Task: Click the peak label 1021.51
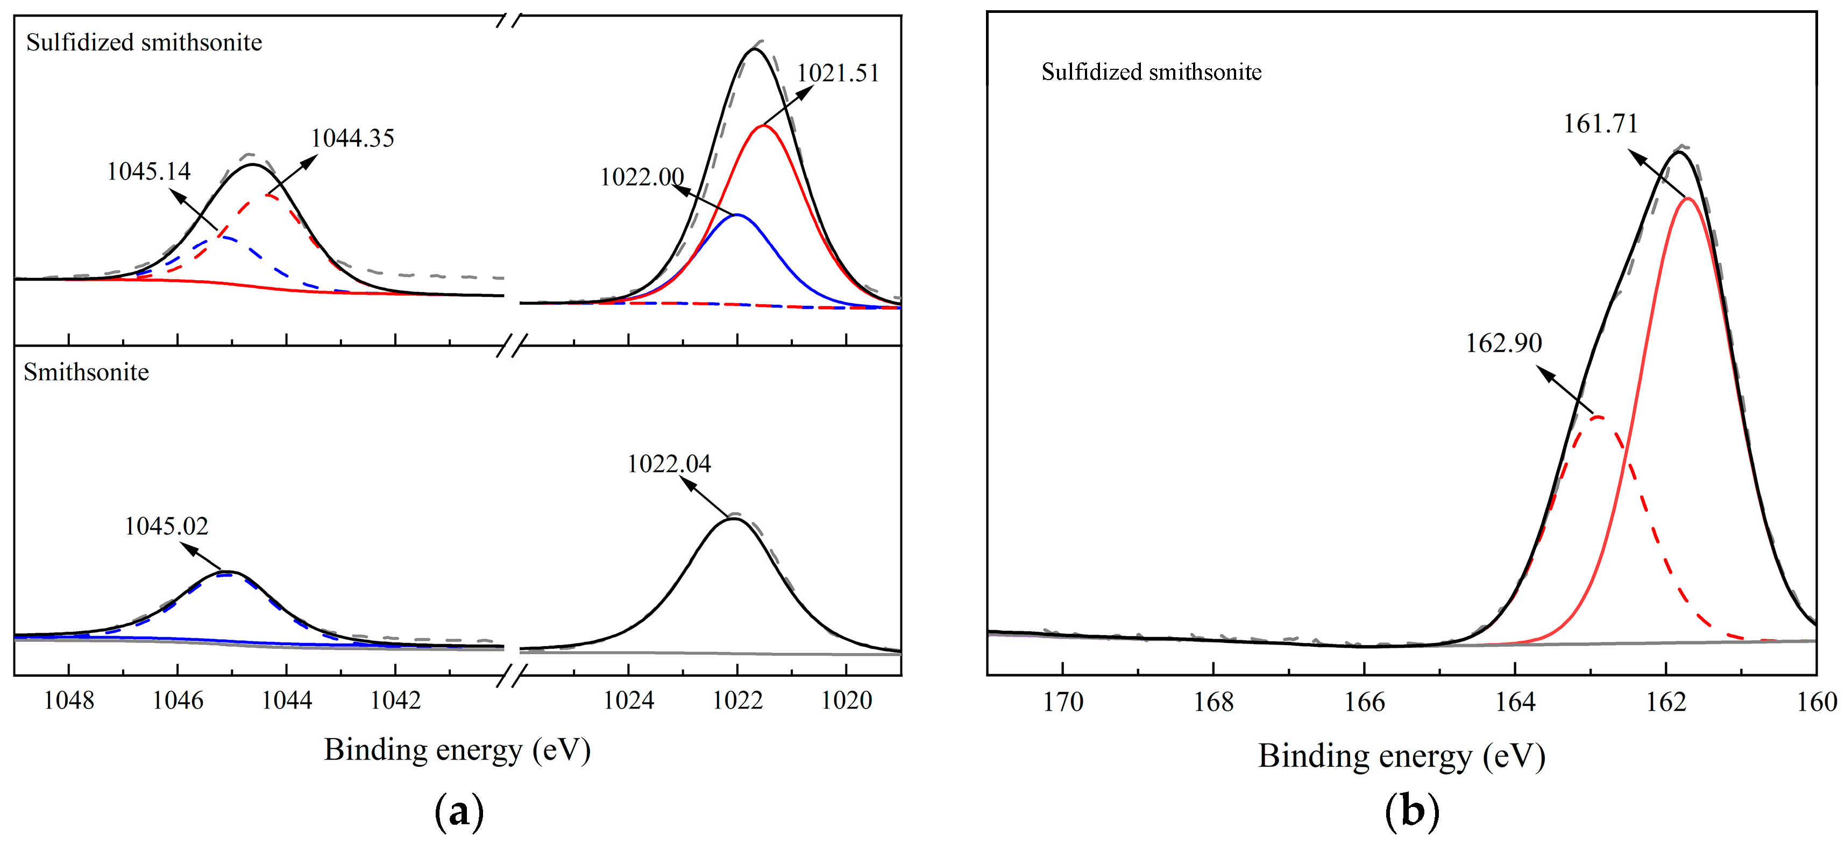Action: [838, 73]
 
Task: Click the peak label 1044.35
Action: [352, 138]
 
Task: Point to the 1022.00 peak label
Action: [641, 177]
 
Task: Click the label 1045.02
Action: [166, 526]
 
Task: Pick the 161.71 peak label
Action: [1600, 124]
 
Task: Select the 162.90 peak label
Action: [1503, 343]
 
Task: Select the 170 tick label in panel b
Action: [1062, 702]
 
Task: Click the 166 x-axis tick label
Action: [1365, 702]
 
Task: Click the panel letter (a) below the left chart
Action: [458, 812]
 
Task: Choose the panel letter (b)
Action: [1411, 812]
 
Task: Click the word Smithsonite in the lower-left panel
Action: [86, 373]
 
